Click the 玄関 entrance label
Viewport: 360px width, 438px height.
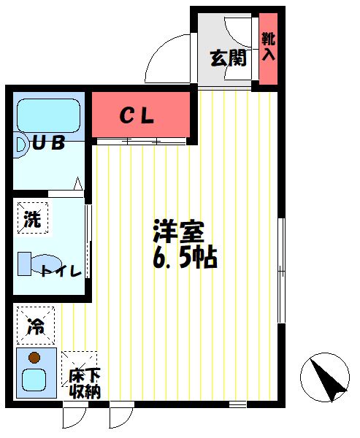point(228,59)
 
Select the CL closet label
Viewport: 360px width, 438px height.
point(137,115)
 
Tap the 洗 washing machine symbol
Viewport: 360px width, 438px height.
point(32,218)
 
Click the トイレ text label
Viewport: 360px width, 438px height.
point(61,272)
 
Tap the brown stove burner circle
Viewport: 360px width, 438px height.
point(34,358)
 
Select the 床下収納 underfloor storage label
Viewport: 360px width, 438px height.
point(83,383)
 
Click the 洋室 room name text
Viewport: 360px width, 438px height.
point(178,232)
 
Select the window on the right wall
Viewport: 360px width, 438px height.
point(282,269)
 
